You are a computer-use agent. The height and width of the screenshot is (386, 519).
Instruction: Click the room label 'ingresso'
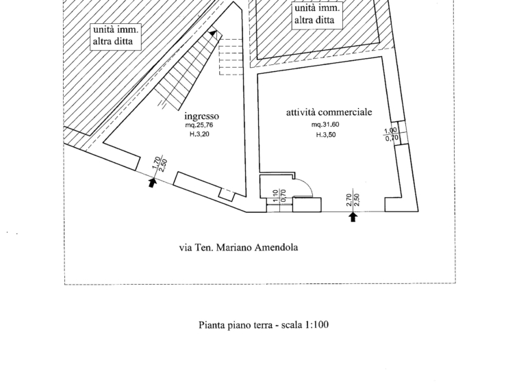click(201, 116)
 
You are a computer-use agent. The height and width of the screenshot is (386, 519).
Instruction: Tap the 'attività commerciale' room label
click(329, 112)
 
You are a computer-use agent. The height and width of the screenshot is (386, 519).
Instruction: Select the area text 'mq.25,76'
click(199, 125)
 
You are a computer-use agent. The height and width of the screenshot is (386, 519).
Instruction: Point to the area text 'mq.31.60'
click(325, 125)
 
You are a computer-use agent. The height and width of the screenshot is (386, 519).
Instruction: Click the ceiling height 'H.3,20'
click(199, 134)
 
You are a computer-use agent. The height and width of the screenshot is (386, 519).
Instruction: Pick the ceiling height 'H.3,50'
click(326, 135)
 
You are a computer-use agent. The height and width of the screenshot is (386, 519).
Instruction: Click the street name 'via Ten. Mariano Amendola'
click(238, 248)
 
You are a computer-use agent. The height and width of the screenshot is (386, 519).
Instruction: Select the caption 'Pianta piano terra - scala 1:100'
click(264, 325)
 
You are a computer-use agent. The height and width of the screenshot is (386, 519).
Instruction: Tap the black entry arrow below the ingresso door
click(152, 183)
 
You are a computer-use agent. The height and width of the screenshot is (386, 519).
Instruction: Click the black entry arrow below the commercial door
click(353, 217)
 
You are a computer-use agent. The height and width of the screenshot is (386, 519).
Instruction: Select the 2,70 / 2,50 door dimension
click(353, 200)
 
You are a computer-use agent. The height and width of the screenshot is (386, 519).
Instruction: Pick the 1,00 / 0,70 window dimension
click(391, 134)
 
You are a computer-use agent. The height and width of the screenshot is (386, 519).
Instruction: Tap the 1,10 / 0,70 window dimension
click(279, 196)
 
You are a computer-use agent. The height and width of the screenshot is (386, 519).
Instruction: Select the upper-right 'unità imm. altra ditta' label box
click(317, 15)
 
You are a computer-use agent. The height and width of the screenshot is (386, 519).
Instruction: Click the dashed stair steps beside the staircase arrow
click(231, 57)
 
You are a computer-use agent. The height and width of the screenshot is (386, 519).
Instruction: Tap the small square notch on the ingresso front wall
click(227, 195)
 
